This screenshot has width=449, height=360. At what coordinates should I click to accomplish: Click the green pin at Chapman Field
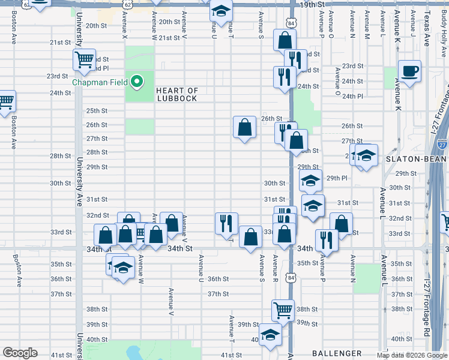137,82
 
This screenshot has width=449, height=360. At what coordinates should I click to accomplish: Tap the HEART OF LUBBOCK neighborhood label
177,94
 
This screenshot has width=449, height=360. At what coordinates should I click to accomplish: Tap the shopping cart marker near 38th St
283,310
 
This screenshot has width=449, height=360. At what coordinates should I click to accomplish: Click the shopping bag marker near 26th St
244,127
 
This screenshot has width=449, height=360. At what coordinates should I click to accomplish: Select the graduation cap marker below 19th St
221,12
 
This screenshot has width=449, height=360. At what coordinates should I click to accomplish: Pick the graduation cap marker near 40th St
270,335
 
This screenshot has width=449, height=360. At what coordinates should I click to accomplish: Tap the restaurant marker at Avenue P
327,240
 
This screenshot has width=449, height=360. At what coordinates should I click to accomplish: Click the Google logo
20,353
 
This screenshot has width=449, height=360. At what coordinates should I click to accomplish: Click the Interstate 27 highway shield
442,144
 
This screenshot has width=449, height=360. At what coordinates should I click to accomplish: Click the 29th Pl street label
337,178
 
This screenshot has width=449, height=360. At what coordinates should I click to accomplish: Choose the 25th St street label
97,111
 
